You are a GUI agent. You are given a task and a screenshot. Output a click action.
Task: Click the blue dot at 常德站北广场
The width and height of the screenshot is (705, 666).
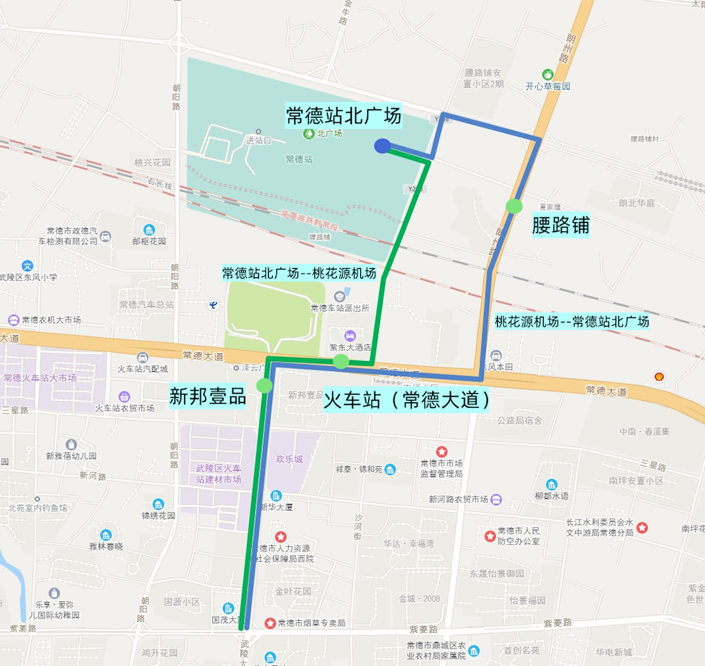pyautogui.click(x=382, y=146)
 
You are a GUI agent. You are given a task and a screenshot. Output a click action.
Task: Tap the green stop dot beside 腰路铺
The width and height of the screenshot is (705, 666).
pyautogui.click(x=515, y=206)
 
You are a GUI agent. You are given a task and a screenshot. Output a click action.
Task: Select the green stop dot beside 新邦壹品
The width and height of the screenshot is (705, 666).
pyautogui.click(x=264, y=385)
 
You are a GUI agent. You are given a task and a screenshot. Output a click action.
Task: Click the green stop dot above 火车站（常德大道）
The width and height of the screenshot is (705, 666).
pyautogui.click(x=341, y=362)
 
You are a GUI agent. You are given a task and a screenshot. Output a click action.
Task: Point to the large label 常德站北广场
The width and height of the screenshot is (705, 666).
pyautogui.click(x=343, y=115)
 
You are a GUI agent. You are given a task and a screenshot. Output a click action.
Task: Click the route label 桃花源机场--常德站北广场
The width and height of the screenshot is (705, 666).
pyautogui.click(x=572, y=322)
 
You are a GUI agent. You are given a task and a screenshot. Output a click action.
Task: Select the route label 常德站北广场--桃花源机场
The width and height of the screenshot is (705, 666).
pyautogui.click(x=299, y=274)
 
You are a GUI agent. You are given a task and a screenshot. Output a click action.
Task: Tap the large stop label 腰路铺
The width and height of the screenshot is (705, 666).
pyautogui.click(x=560, y=226)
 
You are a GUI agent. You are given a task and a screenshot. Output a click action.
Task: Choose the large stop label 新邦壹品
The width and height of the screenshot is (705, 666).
pyautogui.click(x=208, y=396)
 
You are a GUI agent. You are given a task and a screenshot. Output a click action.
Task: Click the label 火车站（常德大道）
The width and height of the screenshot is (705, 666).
pyautogui.click(x=407, y=401)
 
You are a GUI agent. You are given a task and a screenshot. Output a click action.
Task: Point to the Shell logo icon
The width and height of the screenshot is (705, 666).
pyautogui.click(x=659, y=377)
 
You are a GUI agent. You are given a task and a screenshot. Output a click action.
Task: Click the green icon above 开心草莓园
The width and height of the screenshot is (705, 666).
pyautogui.click(x=547, y=74)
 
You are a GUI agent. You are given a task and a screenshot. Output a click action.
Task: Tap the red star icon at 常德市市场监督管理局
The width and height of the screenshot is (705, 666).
pyautogui.click(x=441, y=451)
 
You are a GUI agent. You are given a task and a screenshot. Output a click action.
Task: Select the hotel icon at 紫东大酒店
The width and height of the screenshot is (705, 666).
pyautogui.click(x=350, y=334)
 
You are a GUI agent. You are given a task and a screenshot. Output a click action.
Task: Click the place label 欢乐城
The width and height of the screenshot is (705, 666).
pyautogui.click(x=289, y=459)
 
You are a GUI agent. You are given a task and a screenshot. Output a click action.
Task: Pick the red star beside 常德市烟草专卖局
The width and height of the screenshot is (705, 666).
pyautogui.click(x=269, y=623)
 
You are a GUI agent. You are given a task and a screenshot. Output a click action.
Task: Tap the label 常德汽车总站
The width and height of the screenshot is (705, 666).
pyautogui.click(x=147, y=305)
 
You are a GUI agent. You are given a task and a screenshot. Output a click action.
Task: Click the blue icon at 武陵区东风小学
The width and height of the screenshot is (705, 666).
pyautogui.click(x=27, y=266)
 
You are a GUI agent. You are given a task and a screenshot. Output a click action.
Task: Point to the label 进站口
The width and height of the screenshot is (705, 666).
pyautogui.click(x=258, y=140)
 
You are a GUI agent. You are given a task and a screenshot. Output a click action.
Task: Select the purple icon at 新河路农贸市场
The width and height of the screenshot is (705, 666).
pyautogui.click(x=496, y=499)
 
